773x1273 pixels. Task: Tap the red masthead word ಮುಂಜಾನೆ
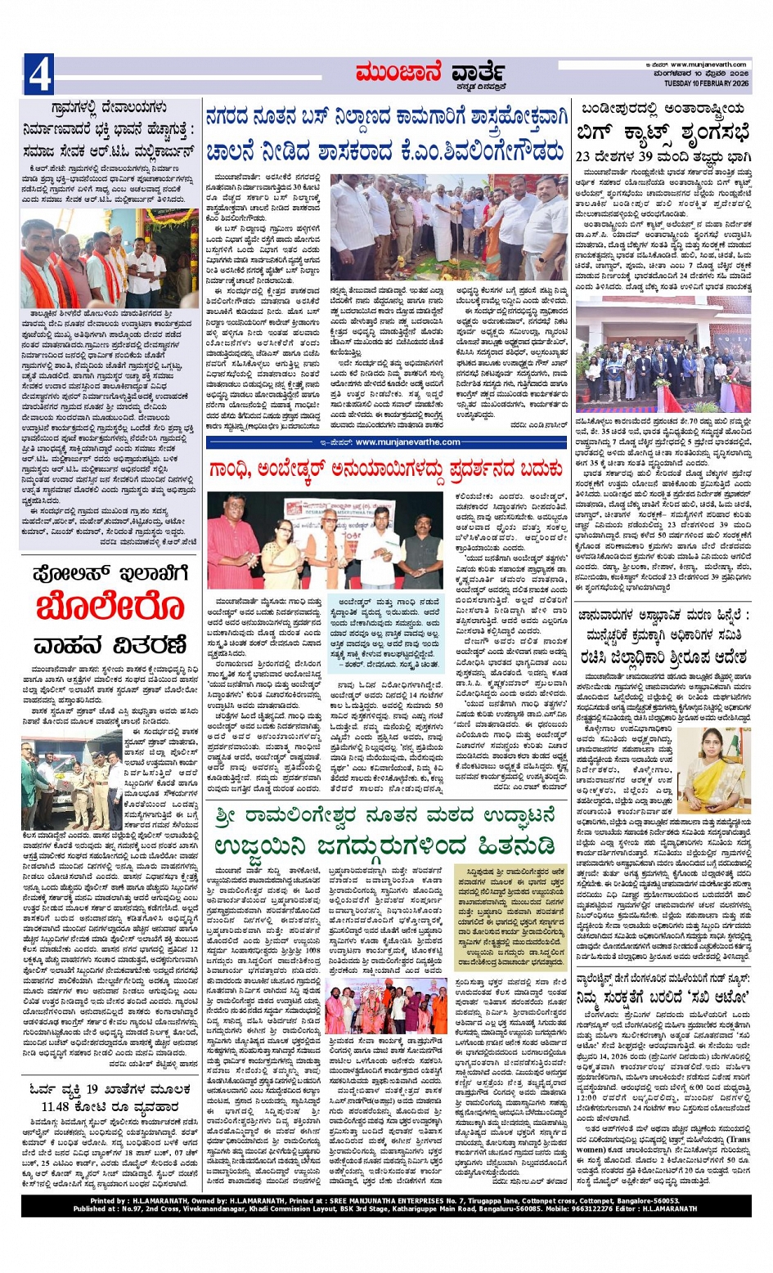(x=398, y=74)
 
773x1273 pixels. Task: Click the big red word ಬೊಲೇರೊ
(x=110, y=607)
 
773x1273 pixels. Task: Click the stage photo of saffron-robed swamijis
(x=387, y=1005)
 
